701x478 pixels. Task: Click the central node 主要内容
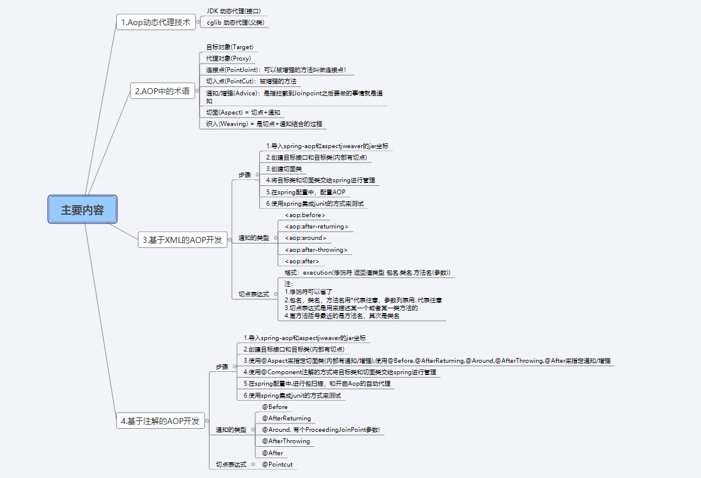[x=82, y=210]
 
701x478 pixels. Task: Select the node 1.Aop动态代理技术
[x=155, y=22]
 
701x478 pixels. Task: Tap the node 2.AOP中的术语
[x=162, y=91]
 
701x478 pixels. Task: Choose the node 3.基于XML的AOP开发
[x=182, y=240]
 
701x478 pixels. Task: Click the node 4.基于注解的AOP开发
[x=160, y=421]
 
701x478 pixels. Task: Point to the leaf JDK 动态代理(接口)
[x=234, y=11]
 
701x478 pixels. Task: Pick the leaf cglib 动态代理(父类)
[x=234, y=22]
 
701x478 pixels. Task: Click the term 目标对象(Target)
[x=229, y=47]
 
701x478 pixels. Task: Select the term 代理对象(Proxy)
[x=228, y=58]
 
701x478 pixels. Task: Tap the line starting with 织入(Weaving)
[x=264, y=124]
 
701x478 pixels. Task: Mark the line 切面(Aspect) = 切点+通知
[x=243, y=112]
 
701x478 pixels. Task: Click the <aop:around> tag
[x=306, y=238]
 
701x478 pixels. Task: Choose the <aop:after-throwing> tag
[x=316, y=249]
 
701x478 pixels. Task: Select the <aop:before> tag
[x=305, y=215]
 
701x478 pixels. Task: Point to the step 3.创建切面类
[x=284, y=169]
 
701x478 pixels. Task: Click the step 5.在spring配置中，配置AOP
[x=306, y=192]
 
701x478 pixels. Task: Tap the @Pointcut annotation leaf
[x=277, y=464]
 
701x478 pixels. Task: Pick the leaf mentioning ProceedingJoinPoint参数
[x=321, y=429]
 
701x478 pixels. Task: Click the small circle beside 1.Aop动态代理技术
[x=198, y=22]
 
